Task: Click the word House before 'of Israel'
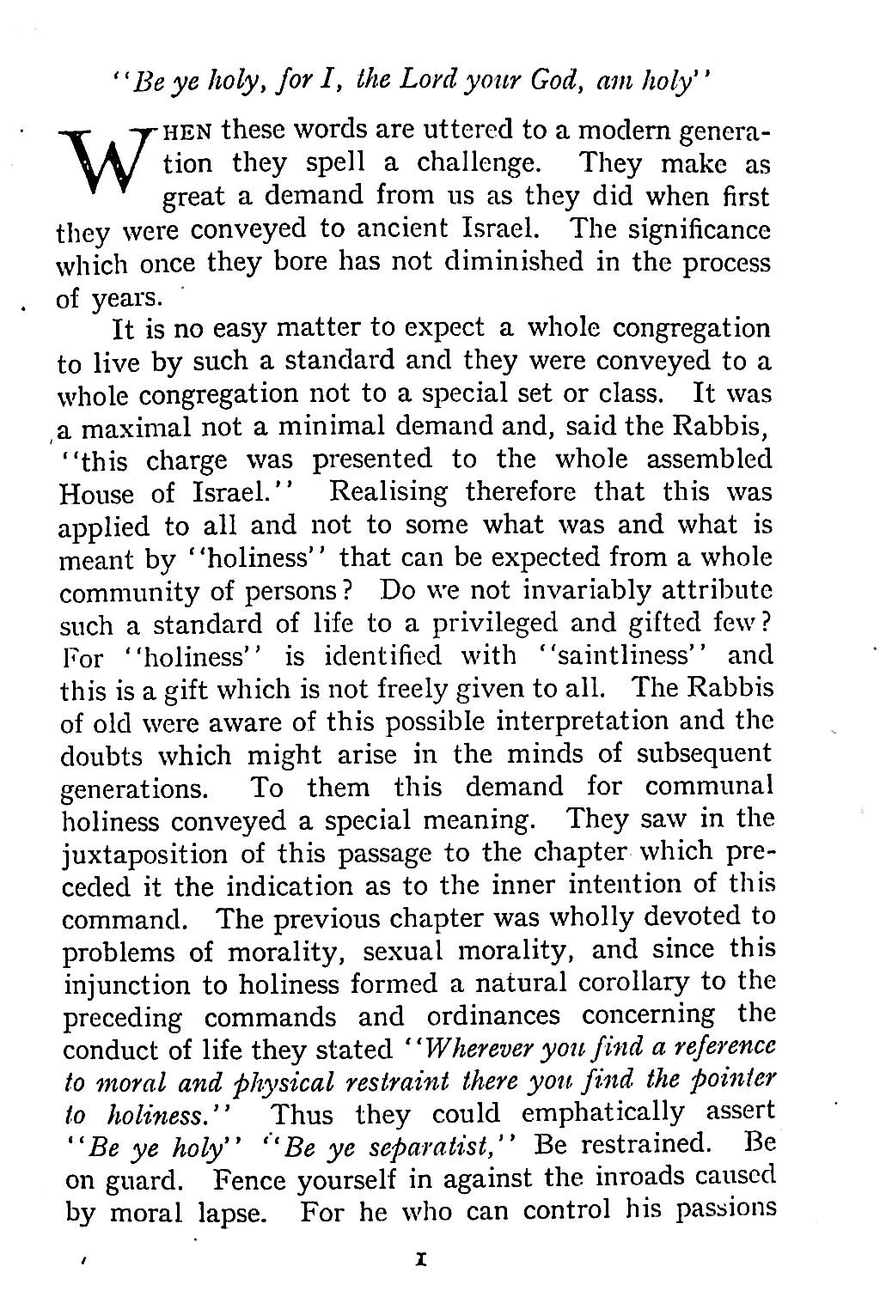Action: click(95, 494)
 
